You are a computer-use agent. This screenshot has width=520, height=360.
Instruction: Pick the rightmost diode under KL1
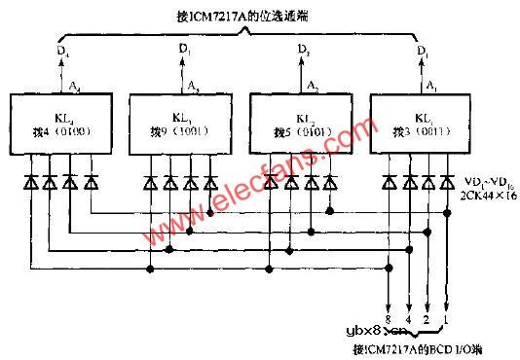447,181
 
